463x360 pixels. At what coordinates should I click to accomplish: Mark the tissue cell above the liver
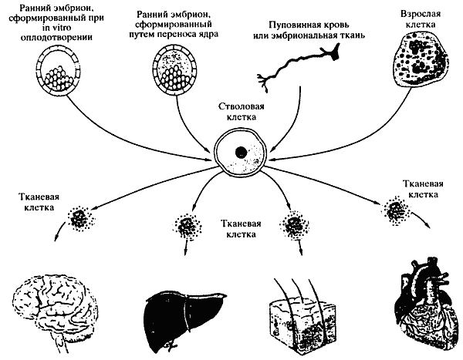[x=188, y=227]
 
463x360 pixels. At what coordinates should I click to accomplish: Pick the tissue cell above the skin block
[x=294, y=227]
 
